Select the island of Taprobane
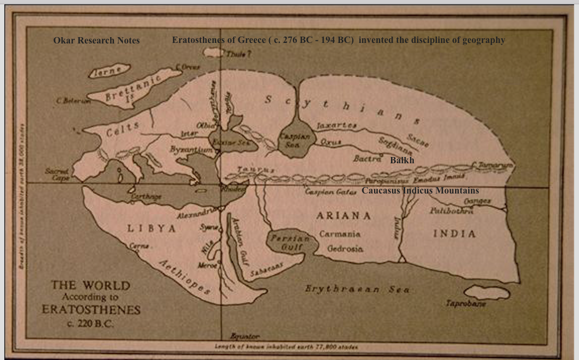coord(486,292)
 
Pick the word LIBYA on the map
coord(151,229)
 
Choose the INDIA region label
coord(454,234)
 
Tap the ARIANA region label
coord(343,216)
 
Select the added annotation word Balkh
coord(402,160)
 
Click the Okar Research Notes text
coord(96,41)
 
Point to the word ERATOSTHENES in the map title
coord(91,310)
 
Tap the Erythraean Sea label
coord(357,289)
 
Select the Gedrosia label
coord(345,249)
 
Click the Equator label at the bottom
coord(245,337)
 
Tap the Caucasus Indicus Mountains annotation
coord(420,190)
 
